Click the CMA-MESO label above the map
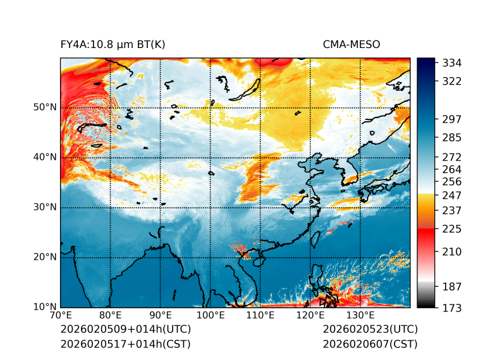click(x=351, y=44)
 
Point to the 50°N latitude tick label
click(x=45, y=107)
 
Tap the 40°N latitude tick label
click(x=45, y=157)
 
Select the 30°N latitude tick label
click(x=45, y=207)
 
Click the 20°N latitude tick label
click(x=45, y=257)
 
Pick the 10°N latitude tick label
click(x=45, y=307)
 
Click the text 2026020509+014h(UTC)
click(x=125, y=329)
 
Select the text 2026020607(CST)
click(x=370, y=344)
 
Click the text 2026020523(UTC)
click(x=370, y=329)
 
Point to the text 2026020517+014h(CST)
click(x=125, y=344)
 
